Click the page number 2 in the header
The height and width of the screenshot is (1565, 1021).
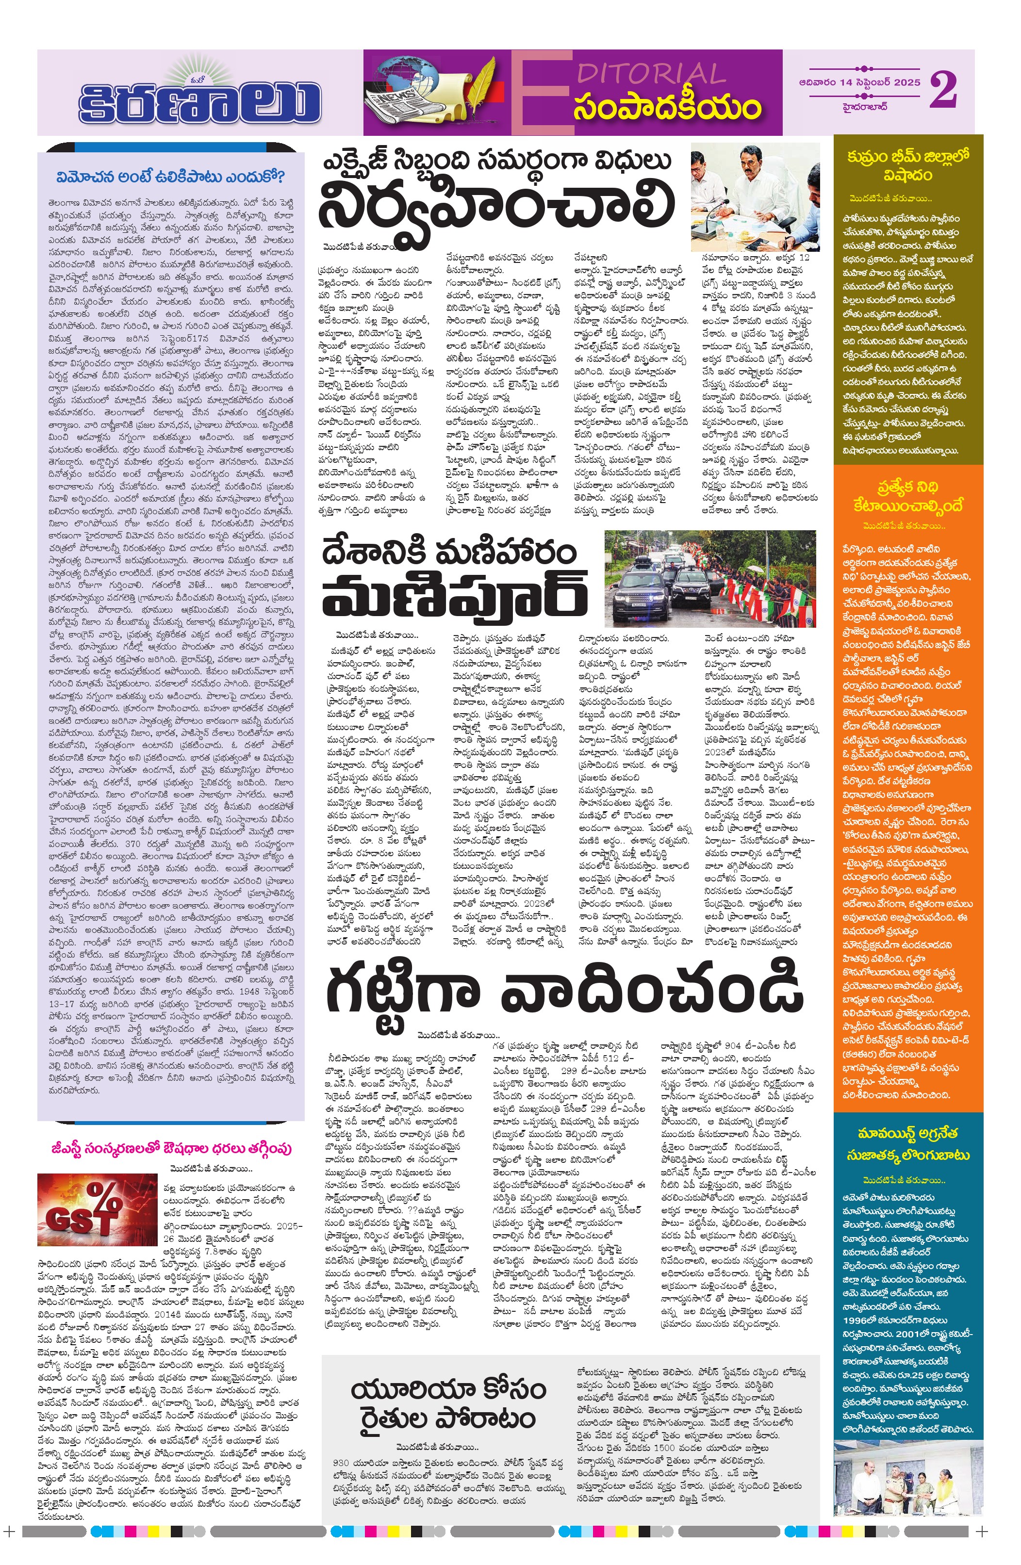[x=943, y=90]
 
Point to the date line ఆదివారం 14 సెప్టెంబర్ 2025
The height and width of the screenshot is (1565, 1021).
[x=859, y=83]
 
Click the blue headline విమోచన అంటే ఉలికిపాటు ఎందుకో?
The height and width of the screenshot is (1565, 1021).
[x=170, y=177]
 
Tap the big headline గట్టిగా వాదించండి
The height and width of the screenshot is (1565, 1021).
[x=564, y=990]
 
